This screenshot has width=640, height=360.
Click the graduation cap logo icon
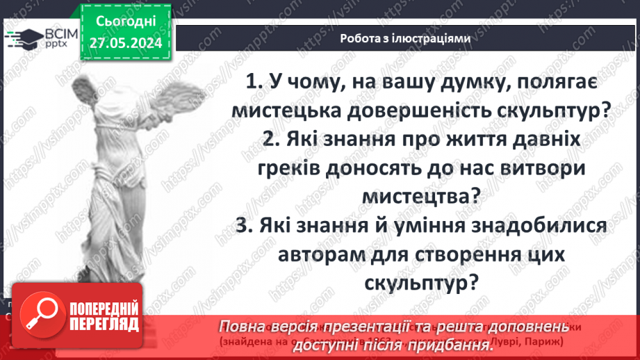coord(22,38)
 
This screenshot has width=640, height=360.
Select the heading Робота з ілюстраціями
coord(406,39)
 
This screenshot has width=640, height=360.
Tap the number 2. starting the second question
coord(274,139)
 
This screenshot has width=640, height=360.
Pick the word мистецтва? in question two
coord(421,196)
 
